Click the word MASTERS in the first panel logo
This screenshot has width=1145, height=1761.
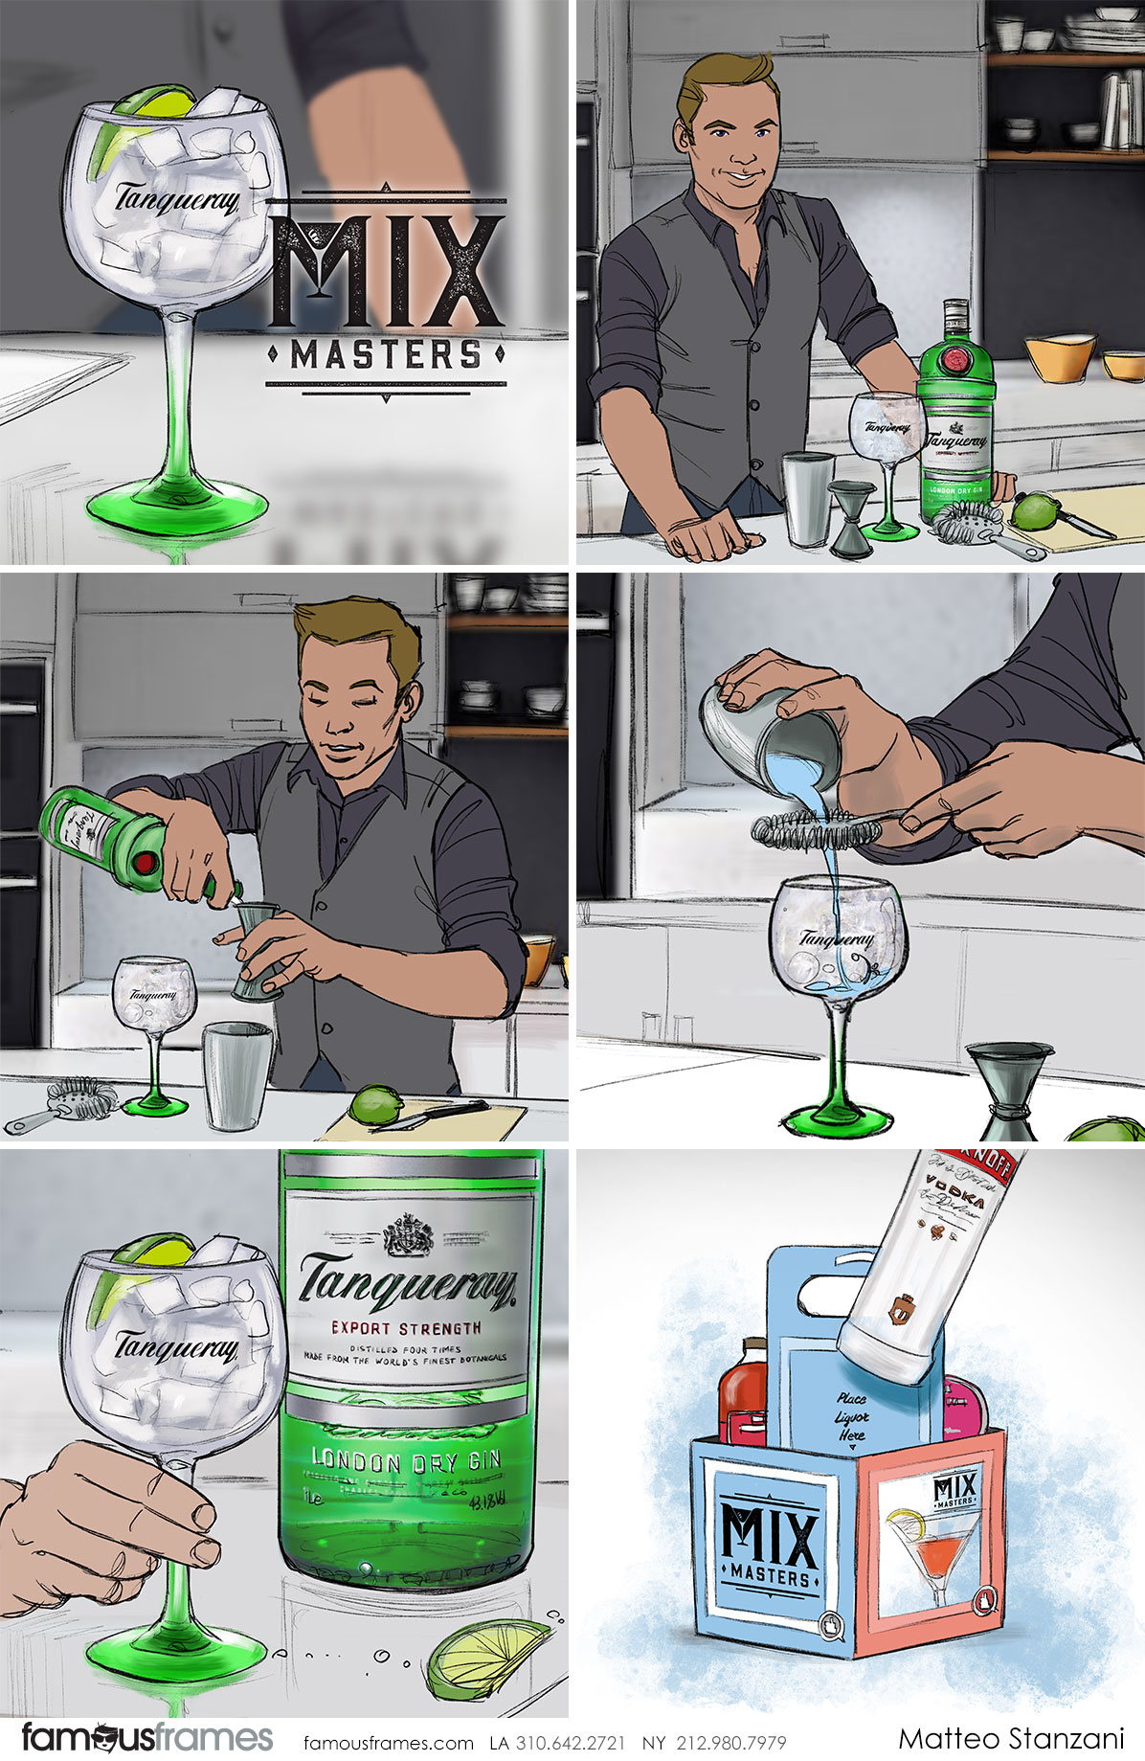click(x=386, y=355)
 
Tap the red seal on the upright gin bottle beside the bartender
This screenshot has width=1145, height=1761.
click(x=955, y=360)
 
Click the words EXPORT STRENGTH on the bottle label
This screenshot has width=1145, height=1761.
click(x=406, y=1328)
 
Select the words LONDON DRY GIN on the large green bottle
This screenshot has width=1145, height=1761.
click(x=406, y=1460)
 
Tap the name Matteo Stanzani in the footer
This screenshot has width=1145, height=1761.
click(x=1011, y=1738)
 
